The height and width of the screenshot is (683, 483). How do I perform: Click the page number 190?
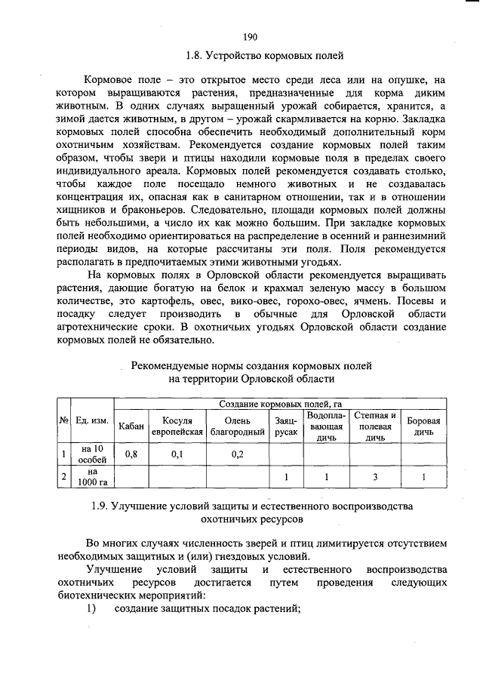click(251, 37)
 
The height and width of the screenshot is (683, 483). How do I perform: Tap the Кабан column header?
click(131, 426)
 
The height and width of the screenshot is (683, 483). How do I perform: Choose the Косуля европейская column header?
click(177, 426)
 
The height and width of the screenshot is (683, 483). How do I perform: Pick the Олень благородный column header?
click(237, 426)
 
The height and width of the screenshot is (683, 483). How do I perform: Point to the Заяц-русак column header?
click(285, 426)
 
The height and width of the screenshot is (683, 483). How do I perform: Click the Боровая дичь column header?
click(423, 426)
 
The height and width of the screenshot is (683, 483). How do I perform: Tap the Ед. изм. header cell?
click(92, 420)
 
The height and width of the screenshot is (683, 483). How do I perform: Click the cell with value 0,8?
click(131, 454)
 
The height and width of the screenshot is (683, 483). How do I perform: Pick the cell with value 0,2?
click(237, 454)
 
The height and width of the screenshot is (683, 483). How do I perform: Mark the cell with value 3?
click(375, 478)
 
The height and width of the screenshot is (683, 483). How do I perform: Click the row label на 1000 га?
click(92, 478)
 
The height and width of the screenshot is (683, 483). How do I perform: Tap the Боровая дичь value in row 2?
click(423, 478)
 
